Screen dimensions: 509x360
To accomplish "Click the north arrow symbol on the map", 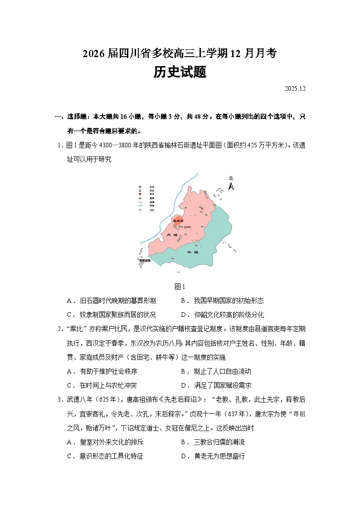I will point(231,184).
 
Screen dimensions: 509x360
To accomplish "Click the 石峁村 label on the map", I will point(188,227).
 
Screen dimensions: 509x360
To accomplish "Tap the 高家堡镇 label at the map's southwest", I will point(145,261).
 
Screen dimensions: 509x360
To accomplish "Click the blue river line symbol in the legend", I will point(141,206).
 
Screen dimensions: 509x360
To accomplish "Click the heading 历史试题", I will point(180,72).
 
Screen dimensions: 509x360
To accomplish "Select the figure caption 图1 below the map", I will point(180,286).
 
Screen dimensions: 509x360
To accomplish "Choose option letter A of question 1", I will point(69,301).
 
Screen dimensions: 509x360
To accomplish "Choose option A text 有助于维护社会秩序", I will point(108,371).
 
